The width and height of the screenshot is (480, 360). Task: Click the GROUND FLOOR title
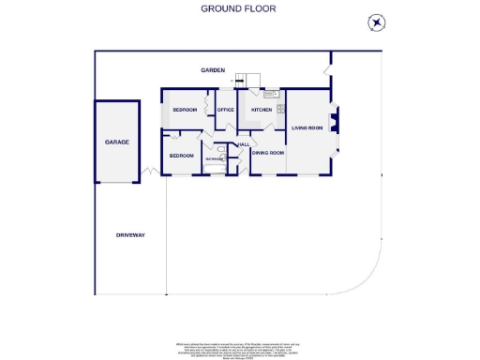coord(238,8)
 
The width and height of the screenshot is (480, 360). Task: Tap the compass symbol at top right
coord(376,23)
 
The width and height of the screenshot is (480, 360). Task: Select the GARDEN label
coord(213,70)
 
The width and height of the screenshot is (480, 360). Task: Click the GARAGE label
coord(116,142)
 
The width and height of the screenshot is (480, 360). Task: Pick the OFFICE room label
coord(225,110)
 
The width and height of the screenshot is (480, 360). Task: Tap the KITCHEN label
coord(261,110)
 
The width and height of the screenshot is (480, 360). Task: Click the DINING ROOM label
coord(268,152)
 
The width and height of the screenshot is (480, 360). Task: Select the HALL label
coord(244,144)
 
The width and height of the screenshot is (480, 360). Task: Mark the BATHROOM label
coord(215,159)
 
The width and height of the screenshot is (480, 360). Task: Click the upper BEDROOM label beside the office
coord(185,110)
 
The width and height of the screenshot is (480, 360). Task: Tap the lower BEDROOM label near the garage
coord(181,155)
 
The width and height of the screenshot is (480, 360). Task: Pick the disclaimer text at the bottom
coord(238,348)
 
